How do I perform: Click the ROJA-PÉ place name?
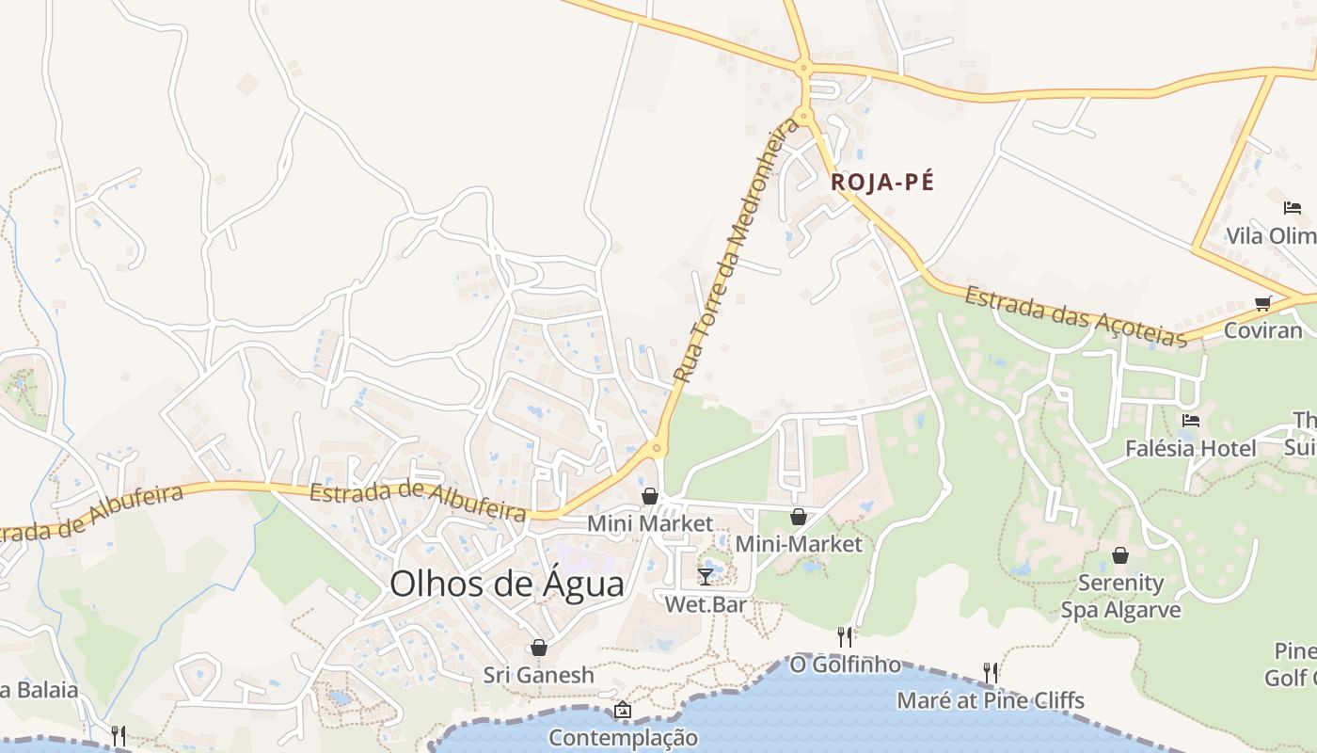[x=882, y=183]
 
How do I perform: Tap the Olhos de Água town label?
[x=507, y=584]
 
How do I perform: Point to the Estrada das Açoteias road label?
[x=1074, y=317]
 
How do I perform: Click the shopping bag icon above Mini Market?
[x=649, y=496]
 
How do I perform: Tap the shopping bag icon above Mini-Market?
[x=798, y=517]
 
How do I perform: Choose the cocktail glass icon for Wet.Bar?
[x=705, y=576]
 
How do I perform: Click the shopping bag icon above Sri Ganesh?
[x=539, y=648]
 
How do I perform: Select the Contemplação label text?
[x=623, y=737]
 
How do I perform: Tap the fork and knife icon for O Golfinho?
[x=845, y=637]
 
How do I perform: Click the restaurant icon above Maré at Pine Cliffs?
[x=991, y=672]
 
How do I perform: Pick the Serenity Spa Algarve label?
[x=1120, y=596]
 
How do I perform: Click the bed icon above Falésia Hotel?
[x=1191, y=421]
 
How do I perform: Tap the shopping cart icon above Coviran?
[x=1262, y=303]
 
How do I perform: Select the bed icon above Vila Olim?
[x=1293, y=208]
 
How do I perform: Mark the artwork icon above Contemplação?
[x=622, y=710]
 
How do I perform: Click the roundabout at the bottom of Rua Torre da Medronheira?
[x=657, y=448]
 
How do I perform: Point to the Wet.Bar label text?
[x=705, y=604]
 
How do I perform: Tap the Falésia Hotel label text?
[x=1190, y=449]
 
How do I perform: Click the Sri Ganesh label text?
[x=539, y=675]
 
